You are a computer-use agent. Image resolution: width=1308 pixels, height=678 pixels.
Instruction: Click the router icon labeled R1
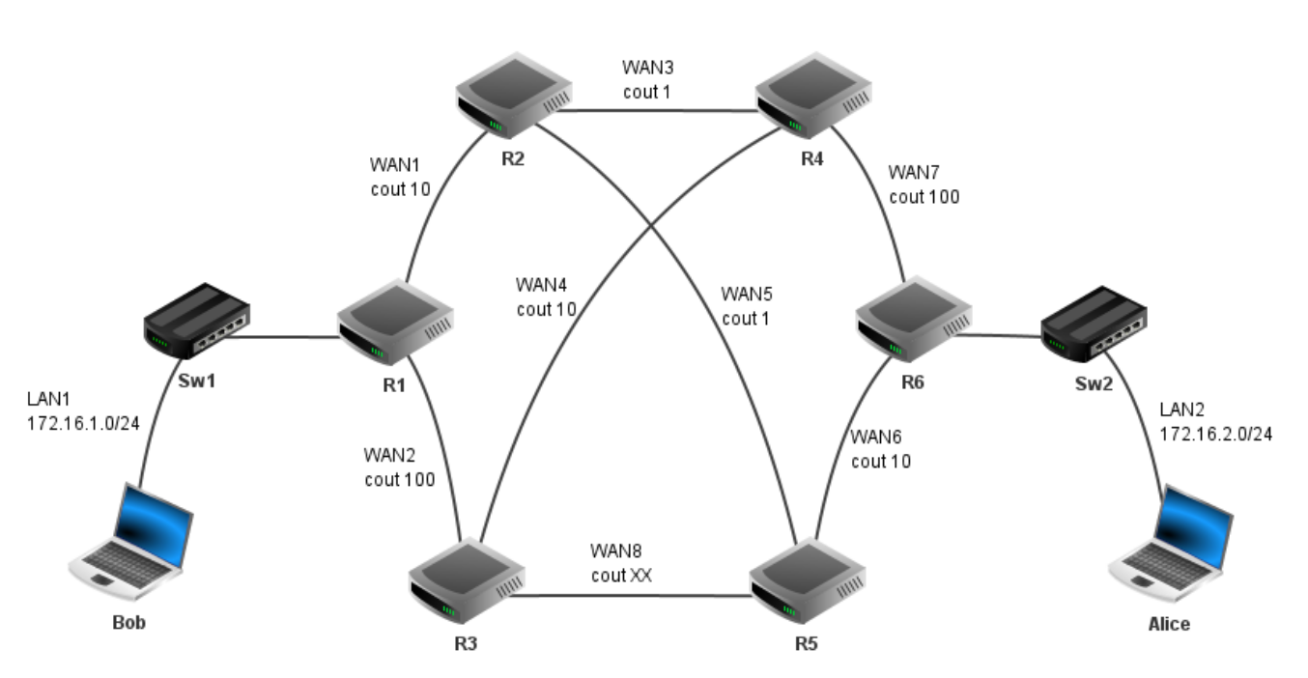[394, 324]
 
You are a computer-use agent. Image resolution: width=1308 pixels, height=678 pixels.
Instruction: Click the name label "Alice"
[1169, 624]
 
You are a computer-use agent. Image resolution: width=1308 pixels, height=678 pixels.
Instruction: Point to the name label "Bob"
[128, 622]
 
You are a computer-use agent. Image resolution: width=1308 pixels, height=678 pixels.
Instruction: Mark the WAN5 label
[747, 293]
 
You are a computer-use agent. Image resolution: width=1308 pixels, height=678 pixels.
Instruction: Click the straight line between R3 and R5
[628, 595]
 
